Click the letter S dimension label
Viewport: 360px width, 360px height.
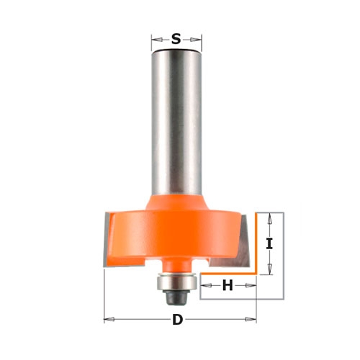(x=176, y=39)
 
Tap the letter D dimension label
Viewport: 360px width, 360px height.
(x=178, y=320)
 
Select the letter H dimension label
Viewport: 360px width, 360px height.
(x=228, y=285)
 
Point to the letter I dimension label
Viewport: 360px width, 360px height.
(x=269, y=244)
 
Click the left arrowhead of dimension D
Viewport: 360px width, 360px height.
(x=109, y=320)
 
